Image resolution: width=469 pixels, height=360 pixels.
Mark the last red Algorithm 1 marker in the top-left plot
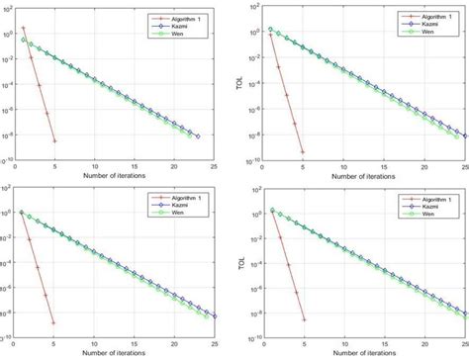coord(53,141)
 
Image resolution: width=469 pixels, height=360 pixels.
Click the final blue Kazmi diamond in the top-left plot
coord(198,136)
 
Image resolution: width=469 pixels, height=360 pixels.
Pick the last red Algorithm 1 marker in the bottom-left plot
coord(53,322)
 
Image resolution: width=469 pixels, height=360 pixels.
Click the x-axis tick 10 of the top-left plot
coord(95,166)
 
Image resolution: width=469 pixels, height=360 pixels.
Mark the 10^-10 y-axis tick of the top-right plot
coord(253,159)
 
